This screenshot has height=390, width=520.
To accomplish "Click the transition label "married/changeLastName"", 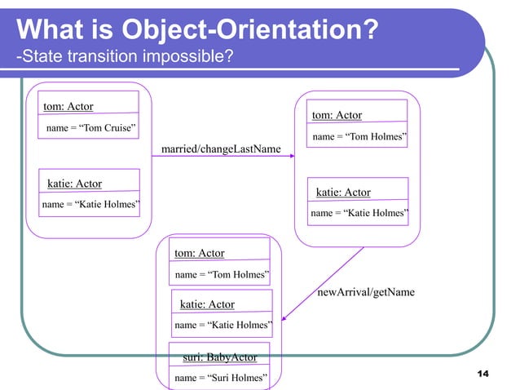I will pos(221,149).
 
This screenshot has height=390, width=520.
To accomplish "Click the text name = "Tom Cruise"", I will pos(90,130).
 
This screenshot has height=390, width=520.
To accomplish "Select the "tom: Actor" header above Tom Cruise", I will pos(68,107).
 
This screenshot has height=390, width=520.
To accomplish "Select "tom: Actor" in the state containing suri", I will pos(200,254).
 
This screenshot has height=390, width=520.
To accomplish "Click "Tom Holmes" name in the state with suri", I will pos(223,275).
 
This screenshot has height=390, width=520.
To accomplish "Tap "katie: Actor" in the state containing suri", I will pos(207,304).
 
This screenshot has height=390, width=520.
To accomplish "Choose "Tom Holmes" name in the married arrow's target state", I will pos(359,137).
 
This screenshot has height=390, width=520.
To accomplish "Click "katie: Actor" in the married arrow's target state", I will pos(343,193).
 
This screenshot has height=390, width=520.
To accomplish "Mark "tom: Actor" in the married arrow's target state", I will pos(337,115).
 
